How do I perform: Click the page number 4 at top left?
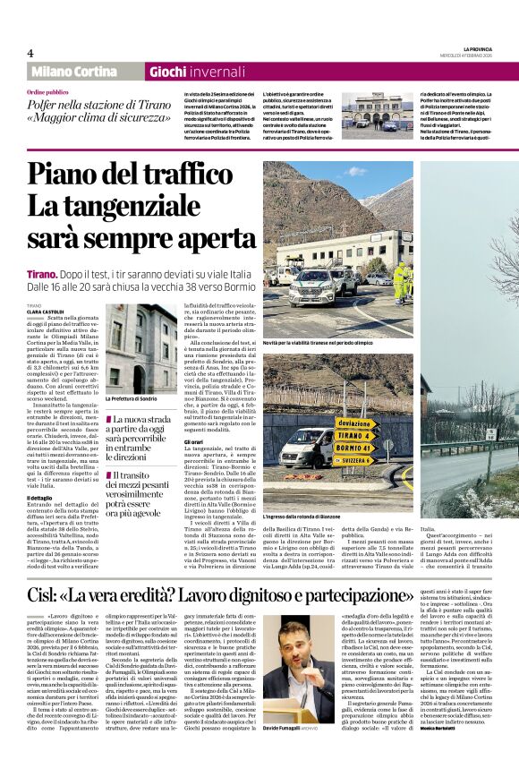click(30, 54)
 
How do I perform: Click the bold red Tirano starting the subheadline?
click(42, 274)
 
